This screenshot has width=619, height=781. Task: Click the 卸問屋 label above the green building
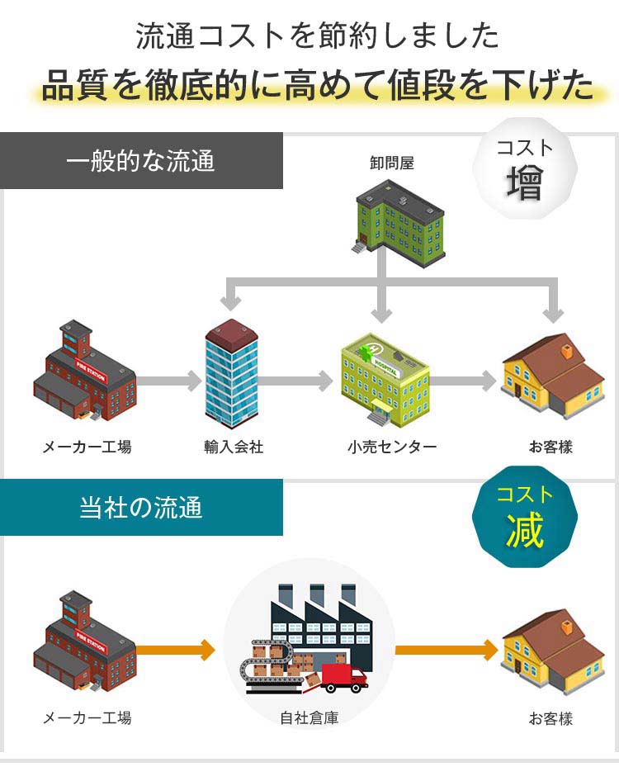click(x=392, y=163)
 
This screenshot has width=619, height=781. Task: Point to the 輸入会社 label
click(x=234, y=447)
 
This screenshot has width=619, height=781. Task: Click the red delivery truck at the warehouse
click(x=343, y=679)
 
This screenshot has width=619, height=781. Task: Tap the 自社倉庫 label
click(x=309, y=717)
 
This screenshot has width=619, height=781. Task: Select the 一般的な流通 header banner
click(x=141, y=160)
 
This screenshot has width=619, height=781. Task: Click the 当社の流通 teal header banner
click(x=141, y=507)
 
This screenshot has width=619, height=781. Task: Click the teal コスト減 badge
click(x=524, y=518)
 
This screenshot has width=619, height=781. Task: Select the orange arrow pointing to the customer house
click(x=446, y=650)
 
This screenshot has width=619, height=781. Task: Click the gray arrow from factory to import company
click(x=169, y=381)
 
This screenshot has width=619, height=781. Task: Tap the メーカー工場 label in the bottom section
click(x=87, y=717)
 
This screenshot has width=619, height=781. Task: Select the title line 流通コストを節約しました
click(x=318, y=35)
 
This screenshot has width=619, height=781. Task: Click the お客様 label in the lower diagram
click(x=550, y=717)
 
